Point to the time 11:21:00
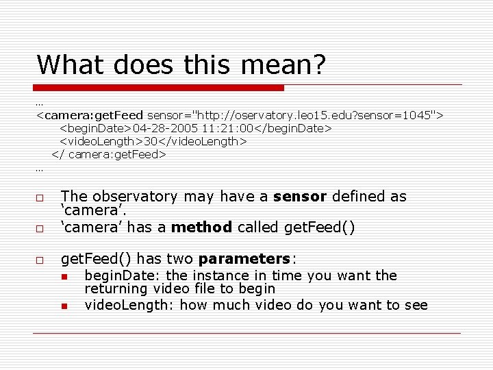click(x=220, y=128)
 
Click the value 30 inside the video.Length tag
click(x=150, y=141)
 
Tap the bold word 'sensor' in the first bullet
click(x=299, y=197)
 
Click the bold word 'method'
click(x=202, y=227)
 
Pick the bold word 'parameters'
click(x=244, y=259)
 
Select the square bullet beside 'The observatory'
click(x=40, y=197)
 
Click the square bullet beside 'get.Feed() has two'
click(x=40, y=260)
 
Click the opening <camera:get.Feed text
click(x=90, y=115)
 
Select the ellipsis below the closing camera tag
click(x=40, y=168)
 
